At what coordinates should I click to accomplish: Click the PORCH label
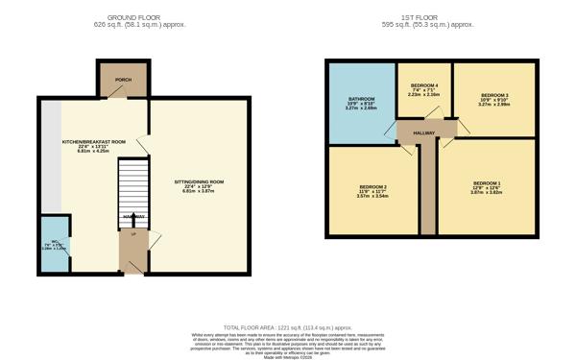click(123, 80)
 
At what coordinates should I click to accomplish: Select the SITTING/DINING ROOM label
click(199, 181)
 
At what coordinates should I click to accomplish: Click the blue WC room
click(49, 245)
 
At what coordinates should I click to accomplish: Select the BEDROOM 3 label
click(494, 96)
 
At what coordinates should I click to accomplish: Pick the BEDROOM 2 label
click(372, 186)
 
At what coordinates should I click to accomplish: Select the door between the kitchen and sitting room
click(143, 144)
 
